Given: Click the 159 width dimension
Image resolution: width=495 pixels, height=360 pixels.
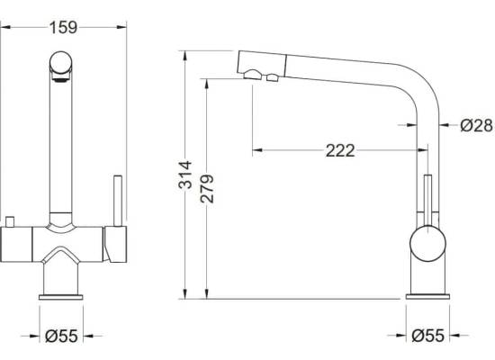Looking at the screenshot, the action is point(63,28).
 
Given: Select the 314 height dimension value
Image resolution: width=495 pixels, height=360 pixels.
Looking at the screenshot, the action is point(185,175).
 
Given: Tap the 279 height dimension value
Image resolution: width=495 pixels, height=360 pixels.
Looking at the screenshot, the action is point(207,188).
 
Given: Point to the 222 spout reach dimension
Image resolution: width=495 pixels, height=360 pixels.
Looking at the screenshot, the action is point(340,150).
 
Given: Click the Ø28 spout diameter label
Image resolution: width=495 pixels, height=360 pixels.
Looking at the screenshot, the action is point(476,125).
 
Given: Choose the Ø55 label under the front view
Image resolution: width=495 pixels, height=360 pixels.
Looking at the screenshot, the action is point(61,336).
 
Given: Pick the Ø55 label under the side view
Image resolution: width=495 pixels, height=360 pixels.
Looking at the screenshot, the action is point(428,336).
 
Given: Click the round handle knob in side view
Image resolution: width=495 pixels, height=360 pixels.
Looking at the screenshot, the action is point(427,244).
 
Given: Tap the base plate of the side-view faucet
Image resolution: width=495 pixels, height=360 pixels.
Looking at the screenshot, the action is point(427,296).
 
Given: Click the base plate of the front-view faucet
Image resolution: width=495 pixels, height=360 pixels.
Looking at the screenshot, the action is point(61,297).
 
